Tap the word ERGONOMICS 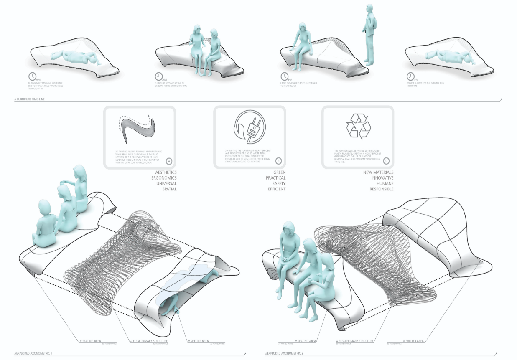click(x=163, y=178)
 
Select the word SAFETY click(x=278, y=184)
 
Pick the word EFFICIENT click(x=277, y=189)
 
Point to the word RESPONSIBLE click(x=381, y=189)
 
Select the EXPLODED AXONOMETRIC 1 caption click(x=33, y=354)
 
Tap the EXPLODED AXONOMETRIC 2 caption click(x=286, y=354)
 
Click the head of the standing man click(x=370, y=9)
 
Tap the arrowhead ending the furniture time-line click(x=501, y=100)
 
